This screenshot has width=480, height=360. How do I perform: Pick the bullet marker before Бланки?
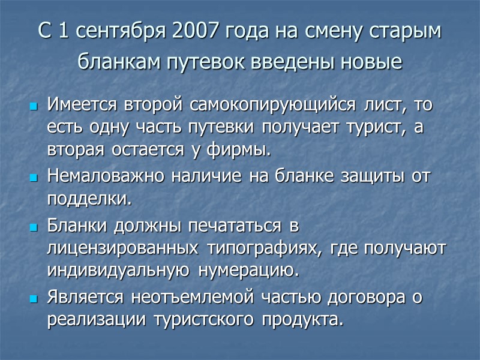(34, 229)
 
